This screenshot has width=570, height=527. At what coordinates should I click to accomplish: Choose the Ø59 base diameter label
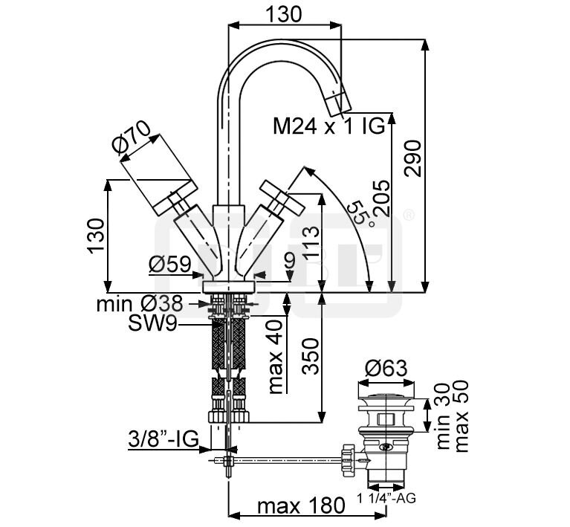coord(169,264)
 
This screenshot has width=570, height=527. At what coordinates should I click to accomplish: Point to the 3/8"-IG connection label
coord(161,439)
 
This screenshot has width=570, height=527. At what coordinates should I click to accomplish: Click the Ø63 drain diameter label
coord(386,368)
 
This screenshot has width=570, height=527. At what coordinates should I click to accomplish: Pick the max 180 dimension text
coord(300,507)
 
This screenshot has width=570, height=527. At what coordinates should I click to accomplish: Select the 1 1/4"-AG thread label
coord(388,497)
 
